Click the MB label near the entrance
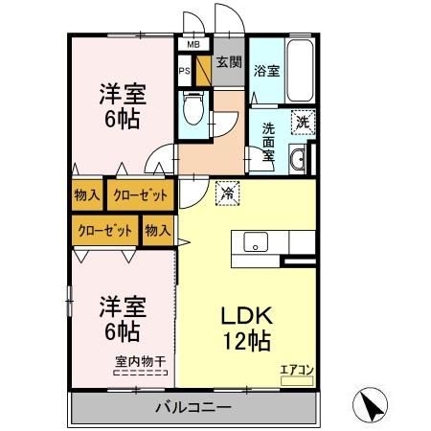pos(193,44)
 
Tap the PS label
pos(185,70)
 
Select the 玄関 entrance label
pos(228,63)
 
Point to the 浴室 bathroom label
pos(266,70)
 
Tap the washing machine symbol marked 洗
pos(302,122)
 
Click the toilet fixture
pos(192,110)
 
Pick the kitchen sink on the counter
pos(256,241)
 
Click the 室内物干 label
pos(141,360)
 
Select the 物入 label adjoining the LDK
pos(157,230)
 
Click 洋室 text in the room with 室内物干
pos(123,308)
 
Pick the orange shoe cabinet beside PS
pos(203,70)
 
